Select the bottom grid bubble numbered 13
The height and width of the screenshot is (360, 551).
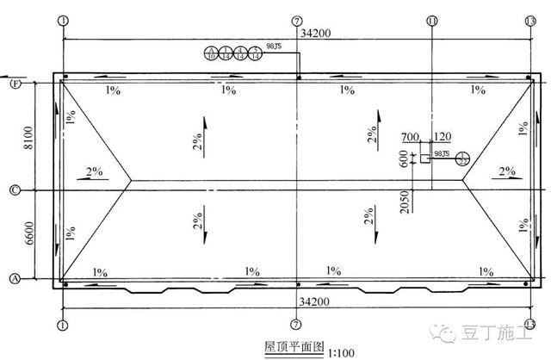pos(529,324)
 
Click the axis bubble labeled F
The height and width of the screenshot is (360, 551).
pos(15,84)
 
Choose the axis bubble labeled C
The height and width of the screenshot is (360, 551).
pos(15,189)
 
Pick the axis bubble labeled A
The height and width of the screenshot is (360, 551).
pos(15,278)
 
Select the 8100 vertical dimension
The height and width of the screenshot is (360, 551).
pos(28,136)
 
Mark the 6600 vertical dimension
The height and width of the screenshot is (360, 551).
pos(28,234)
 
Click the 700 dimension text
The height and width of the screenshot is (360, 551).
pos(409,137)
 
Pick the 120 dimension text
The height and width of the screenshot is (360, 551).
pos(443,137)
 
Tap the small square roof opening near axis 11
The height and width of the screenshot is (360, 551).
pos(424,158)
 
